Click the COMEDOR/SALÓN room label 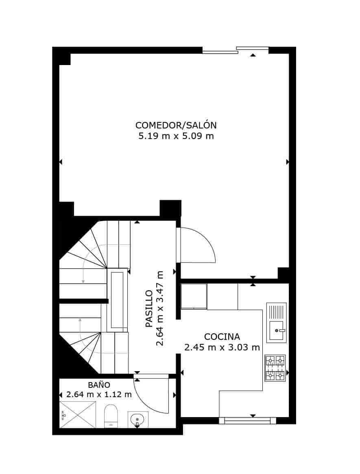pos(176,125)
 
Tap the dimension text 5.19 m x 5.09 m pos(176,136)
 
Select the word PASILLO pos(149,309)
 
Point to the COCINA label pos(222,337)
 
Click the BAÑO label pos(99,385)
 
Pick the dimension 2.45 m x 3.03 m pos(222,348)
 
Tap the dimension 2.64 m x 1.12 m pos(99,394)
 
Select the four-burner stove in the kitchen pos(275,368)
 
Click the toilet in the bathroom pos(110,415)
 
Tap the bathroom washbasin pos(138,419)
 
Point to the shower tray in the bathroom pos(78,415)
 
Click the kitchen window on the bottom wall pos(247,421)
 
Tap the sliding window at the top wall pos(236,50)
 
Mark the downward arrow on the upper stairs pos(83,276)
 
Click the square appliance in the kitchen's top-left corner pos(194,296)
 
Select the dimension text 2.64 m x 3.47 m pos(159,309)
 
